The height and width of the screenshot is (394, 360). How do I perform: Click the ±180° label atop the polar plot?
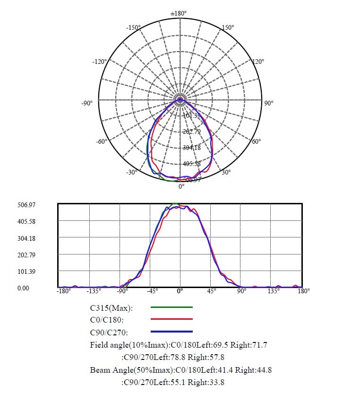coord(180,13)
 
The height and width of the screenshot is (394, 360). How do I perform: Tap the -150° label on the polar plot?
coord(133,28)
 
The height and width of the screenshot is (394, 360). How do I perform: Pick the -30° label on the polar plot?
coord(131,172)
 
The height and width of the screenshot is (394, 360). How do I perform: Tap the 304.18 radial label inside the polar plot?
coord(191,148)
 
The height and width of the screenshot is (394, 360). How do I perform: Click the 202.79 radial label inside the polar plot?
coord(191,131)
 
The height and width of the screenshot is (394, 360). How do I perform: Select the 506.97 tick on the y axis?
coord(26,205)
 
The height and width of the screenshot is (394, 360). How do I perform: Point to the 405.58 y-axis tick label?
coord(26,221)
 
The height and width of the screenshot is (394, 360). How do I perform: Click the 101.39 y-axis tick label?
coord(26,271)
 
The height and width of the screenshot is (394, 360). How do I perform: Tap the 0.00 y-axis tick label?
coord(23,288)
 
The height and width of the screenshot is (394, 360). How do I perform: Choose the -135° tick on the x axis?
coord(95,291)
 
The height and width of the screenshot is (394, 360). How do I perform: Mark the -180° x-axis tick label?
coord(64,291)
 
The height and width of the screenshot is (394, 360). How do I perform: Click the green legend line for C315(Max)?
coord(171,307)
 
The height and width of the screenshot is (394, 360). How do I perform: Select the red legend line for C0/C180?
coord(171,319)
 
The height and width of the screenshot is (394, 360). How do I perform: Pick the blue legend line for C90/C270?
coord(171,332)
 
